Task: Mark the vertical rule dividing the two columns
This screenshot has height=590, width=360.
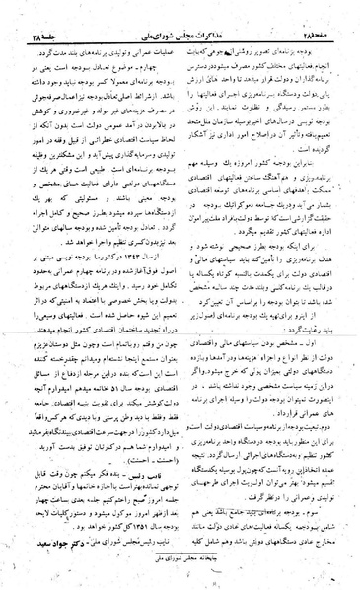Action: coord(179,296)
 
